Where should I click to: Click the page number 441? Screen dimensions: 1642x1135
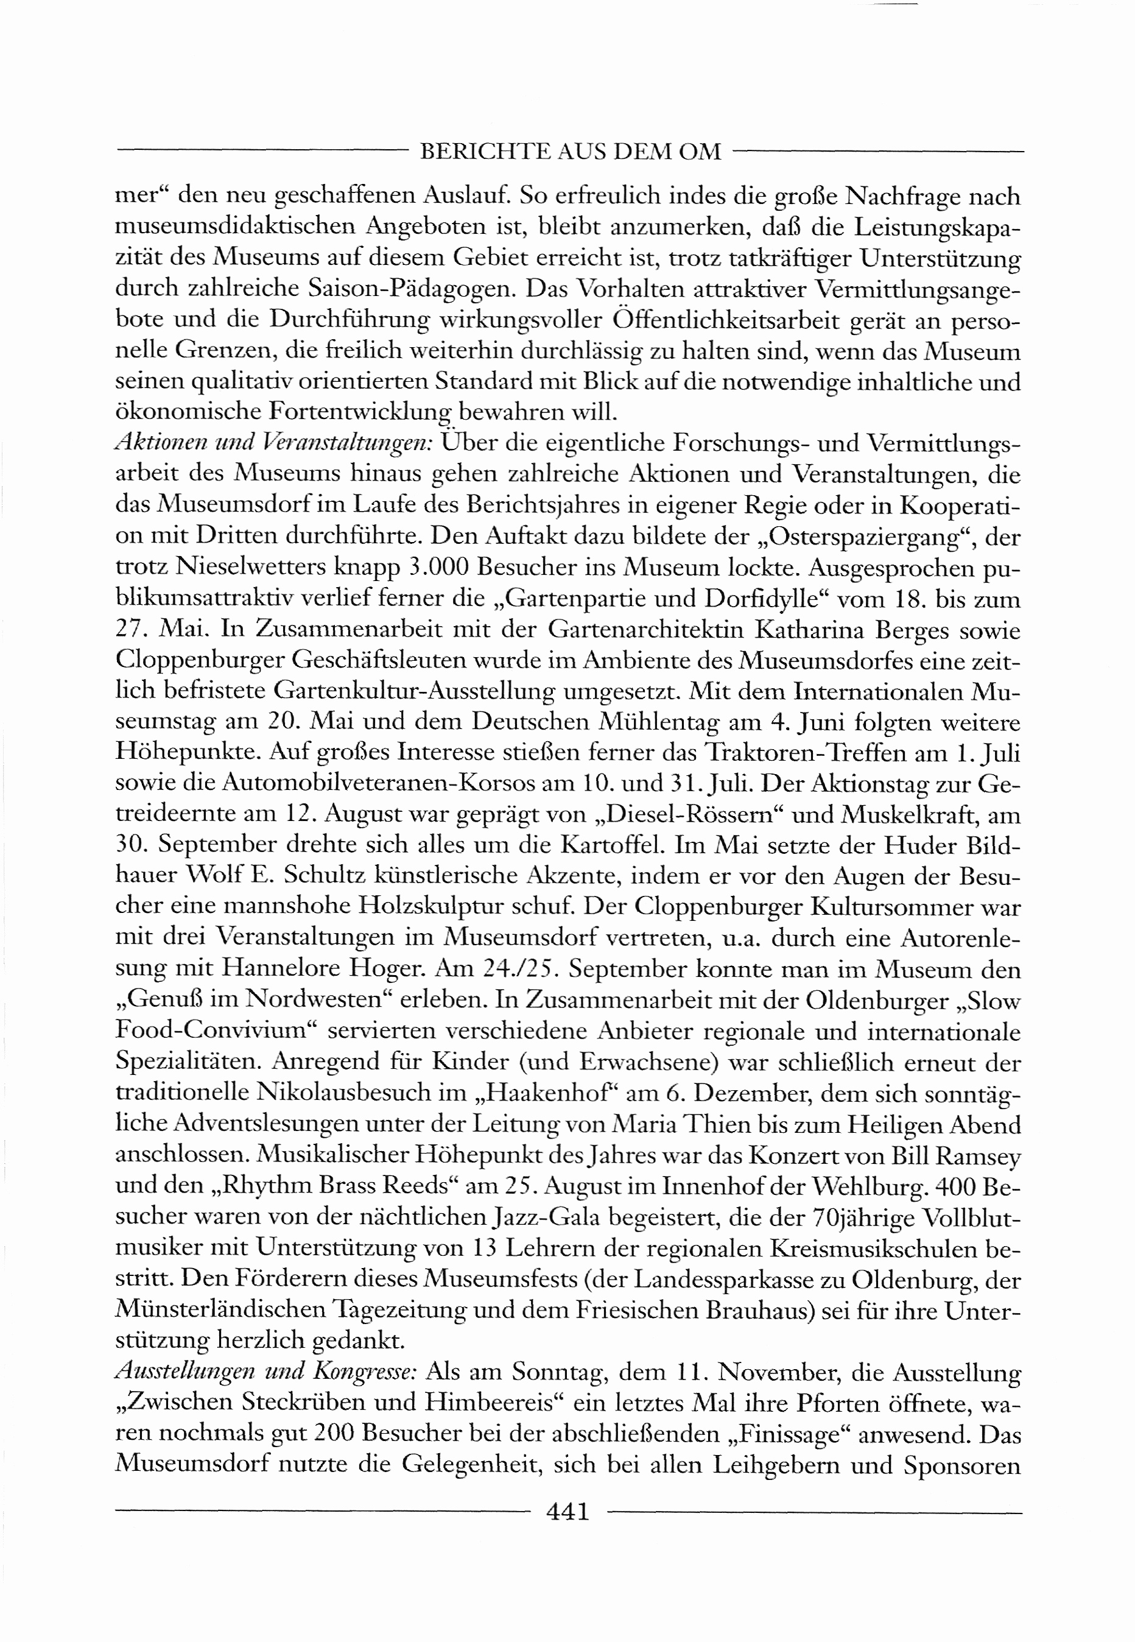tap(568, 1511)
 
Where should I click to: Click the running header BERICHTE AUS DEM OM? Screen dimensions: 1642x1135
tap(571, 152)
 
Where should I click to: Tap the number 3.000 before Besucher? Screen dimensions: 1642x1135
tap(440, 568)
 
